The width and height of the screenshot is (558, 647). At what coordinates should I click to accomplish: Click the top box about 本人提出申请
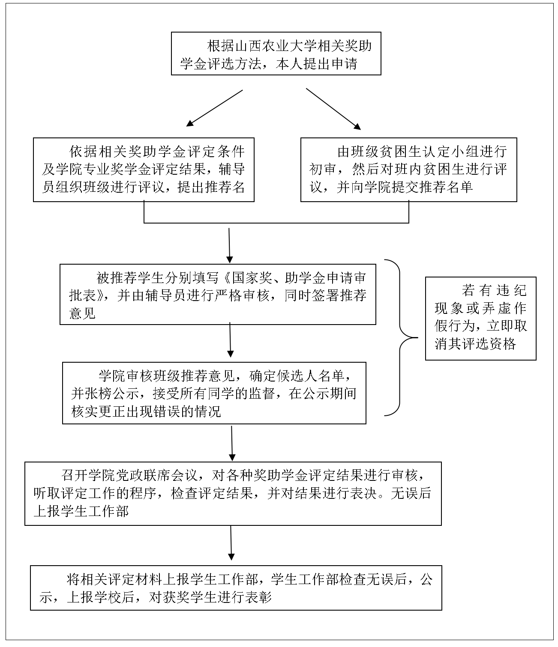(276, 54)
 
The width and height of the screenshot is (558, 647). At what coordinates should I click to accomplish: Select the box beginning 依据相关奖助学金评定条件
(144, 170)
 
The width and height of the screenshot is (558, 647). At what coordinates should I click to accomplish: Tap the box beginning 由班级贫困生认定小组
(408, 170)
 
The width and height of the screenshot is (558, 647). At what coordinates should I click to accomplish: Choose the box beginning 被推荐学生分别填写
(218, 294)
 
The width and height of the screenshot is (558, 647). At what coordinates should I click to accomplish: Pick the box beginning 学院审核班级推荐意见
(214, 393)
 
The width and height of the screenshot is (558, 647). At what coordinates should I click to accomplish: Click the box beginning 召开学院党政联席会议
(233, 494)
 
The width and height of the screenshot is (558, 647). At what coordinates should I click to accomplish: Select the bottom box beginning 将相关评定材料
(236, 588)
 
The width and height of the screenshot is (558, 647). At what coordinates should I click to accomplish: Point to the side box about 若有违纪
(480, 319)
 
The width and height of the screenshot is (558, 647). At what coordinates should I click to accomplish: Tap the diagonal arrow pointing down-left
(215, 108)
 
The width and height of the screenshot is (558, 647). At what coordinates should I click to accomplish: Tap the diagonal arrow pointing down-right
(333, 109)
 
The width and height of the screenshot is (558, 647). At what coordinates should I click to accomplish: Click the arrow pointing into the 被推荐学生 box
(229, 245)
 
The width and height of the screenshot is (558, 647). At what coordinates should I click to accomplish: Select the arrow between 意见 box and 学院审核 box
(230, 340)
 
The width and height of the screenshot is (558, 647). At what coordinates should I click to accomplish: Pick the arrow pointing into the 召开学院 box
(232, 444)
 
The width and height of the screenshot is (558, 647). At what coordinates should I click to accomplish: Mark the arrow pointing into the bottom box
(231, 543)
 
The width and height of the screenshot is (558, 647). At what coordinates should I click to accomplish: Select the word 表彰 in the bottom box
(258, 597)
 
